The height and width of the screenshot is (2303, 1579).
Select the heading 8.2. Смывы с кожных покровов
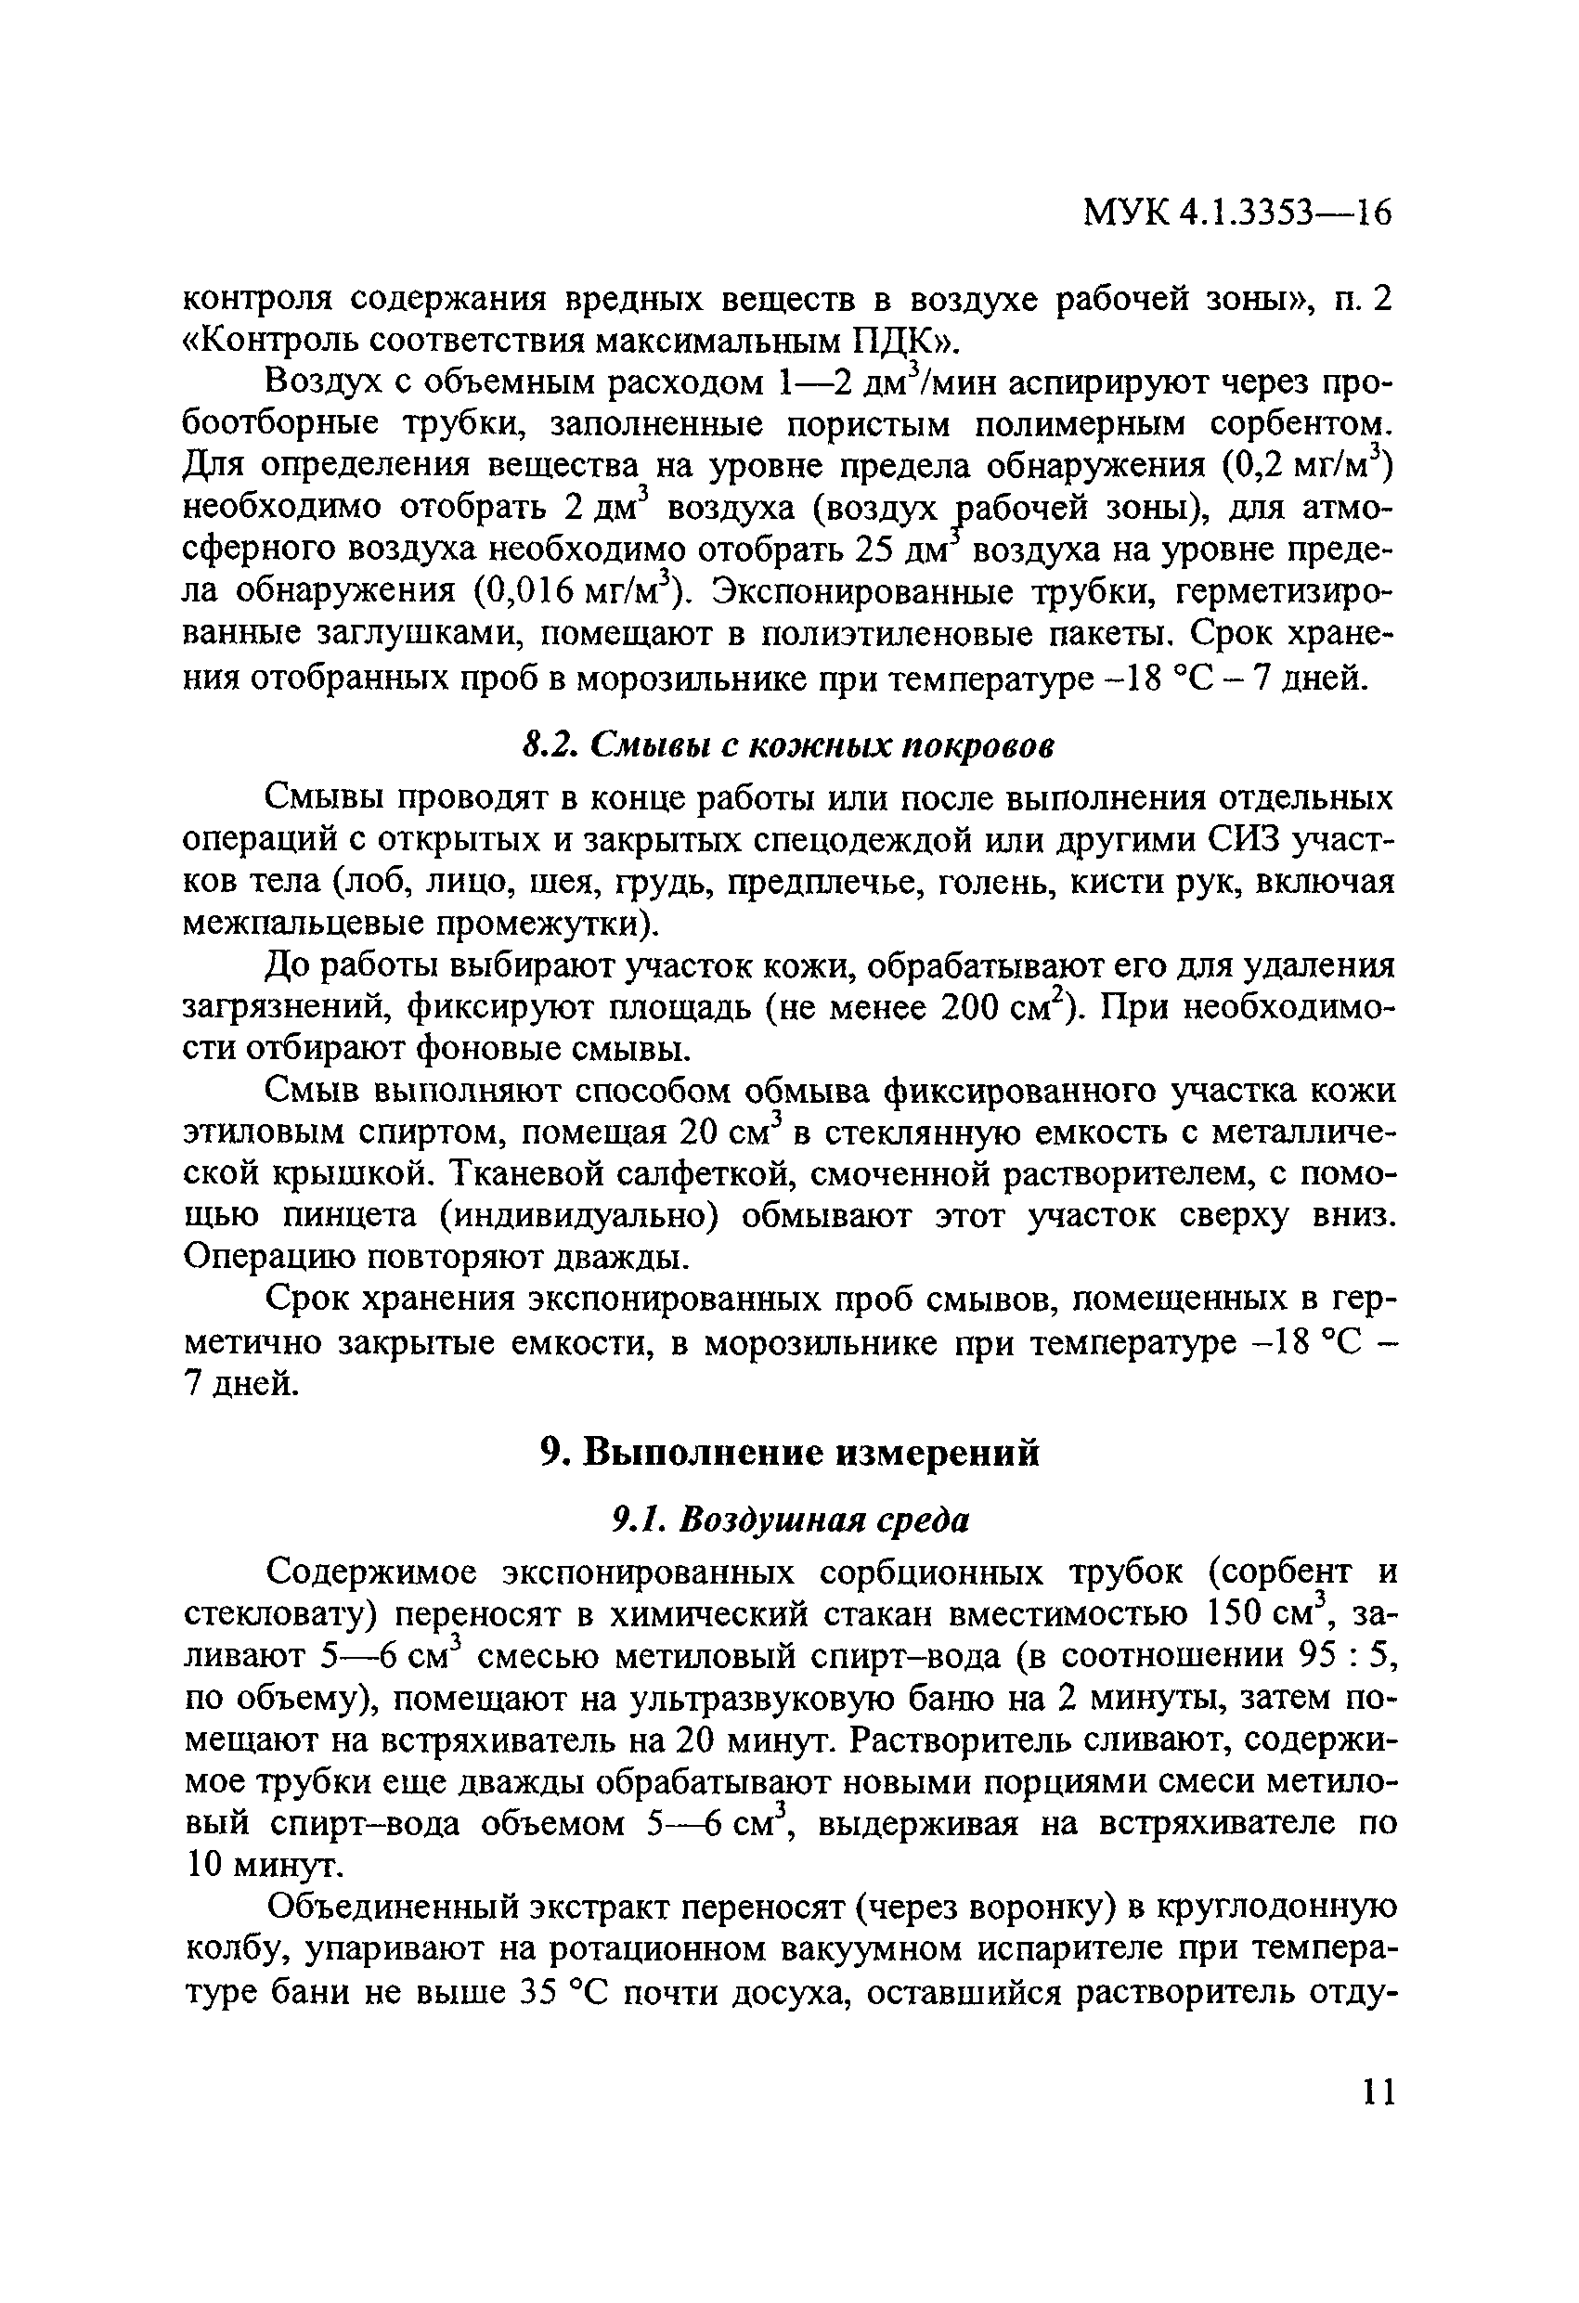787,746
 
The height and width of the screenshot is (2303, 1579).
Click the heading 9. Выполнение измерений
789,1453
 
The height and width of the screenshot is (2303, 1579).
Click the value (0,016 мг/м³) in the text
576,590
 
